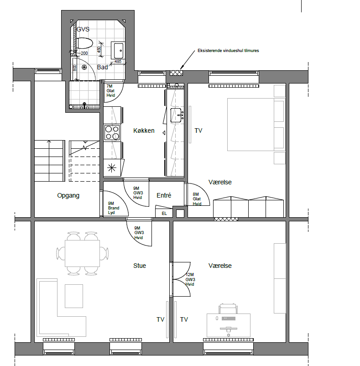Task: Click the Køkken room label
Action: point(144,131)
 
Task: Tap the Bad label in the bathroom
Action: point(102,67)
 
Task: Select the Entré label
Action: point(164,195)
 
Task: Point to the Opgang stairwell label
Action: point(68,195)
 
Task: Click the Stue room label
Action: point(140,266)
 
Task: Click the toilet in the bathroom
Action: point(84,43)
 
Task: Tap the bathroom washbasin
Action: point(118,50)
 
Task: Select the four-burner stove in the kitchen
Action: point(112,133)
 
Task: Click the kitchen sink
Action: point(177,115)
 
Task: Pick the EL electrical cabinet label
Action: point(164,213)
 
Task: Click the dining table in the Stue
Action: point(83,253)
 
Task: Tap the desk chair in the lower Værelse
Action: point(228,308)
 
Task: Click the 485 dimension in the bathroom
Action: point(118,62)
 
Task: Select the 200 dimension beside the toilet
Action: point(84,53)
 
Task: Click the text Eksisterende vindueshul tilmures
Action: point(228,50)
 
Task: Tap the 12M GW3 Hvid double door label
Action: point(190,279)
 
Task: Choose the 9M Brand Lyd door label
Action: point(114,208)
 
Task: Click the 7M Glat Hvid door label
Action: point(110,90)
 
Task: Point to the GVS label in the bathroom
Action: point(83,29)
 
